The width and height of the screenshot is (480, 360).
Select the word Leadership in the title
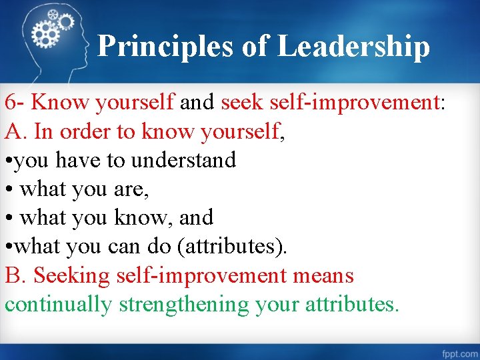pyautogui.click(x=353, y=47)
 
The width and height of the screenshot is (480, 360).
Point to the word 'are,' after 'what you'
pyautogui.click(x=131, y=189)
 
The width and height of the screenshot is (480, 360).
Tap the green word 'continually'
pyautogui.click(x=59, y=305)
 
